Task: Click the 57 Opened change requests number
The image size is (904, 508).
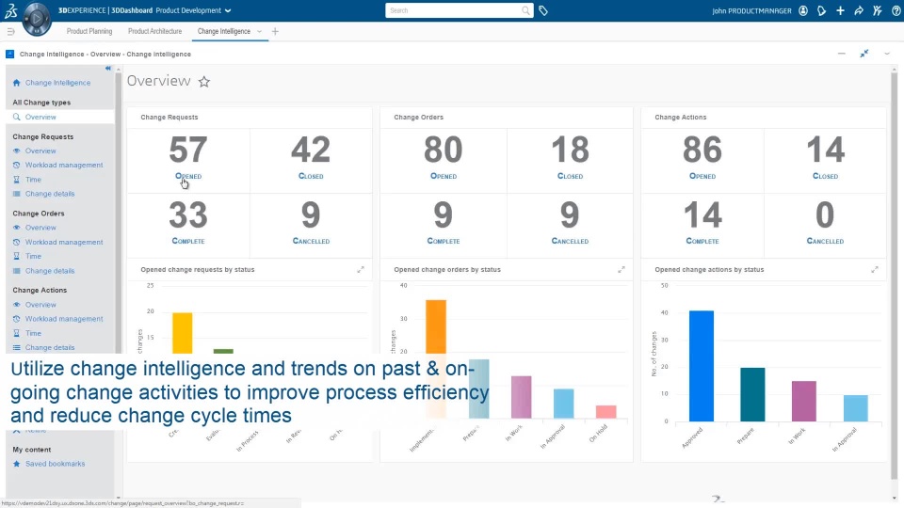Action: pos(187,151)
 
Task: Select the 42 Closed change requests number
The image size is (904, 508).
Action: pos(310,151)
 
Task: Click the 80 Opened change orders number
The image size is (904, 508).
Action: pos(443,151)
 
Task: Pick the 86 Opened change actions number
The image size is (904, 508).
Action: pos(702,151)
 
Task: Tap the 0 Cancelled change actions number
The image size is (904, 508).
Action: pos(825,215)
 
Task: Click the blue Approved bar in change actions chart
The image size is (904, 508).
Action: pos(701,366)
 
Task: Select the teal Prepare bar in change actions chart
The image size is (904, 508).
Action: pos(752,393)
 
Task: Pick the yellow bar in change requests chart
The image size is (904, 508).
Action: pos(182,334)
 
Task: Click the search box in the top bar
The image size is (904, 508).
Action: pos(458,10)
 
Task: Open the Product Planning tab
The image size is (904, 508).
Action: pos(89,31)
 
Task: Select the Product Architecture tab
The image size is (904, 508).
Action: pos(154,31)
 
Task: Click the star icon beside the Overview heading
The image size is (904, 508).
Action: pos(204,82)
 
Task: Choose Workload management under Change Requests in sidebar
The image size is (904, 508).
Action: pos(64,165)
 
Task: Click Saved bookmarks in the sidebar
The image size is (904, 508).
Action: pos(55,464)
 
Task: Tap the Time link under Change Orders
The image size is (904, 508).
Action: pos(33,256)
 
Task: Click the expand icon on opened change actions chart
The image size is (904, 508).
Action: pos(876,270)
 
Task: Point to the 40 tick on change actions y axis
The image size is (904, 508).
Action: pos(664,313)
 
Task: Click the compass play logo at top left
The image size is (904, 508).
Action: pos(36,17)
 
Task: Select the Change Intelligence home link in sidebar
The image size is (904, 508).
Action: pos(57,83)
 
